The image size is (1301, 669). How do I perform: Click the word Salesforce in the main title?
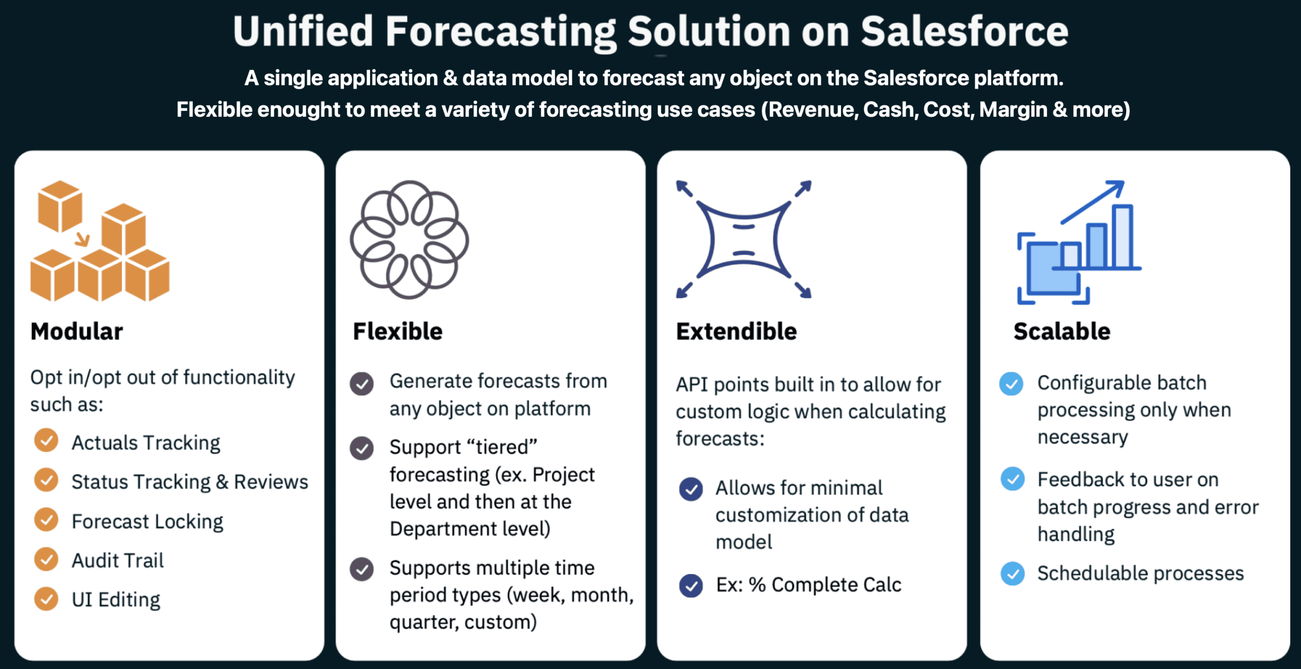964,31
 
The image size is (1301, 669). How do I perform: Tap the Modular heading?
77,331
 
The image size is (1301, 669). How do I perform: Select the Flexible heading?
397,331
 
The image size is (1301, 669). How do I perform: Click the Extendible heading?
736,331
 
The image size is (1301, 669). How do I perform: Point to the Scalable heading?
1062,331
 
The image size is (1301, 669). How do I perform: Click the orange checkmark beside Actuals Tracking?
46,440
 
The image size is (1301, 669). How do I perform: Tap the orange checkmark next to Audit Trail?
46,559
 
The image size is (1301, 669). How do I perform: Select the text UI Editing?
116,599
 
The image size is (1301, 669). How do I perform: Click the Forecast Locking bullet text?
147,521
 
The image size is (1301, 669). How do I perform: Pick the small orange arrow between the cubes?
82,239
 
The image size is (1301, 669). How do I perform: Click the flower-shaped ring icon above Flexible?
409,239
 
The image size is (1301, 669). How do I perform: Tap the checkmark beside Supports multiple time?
362,569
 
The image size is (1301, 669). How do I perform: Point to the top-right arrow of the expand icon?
803,188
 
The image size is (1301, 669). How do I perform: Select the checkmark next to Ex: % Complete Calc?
691,586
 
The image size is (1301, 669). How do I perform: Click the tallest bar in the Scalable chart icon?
1122,236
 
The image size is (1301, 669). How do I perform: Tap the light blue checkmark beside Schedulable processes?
1012,574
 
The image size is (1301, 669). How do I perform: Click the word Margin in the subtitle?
1013,110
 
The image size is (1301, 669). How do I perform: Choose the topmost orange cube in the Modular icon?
60,206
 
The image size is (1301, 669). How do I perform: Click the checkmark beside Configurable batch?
1011,384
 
